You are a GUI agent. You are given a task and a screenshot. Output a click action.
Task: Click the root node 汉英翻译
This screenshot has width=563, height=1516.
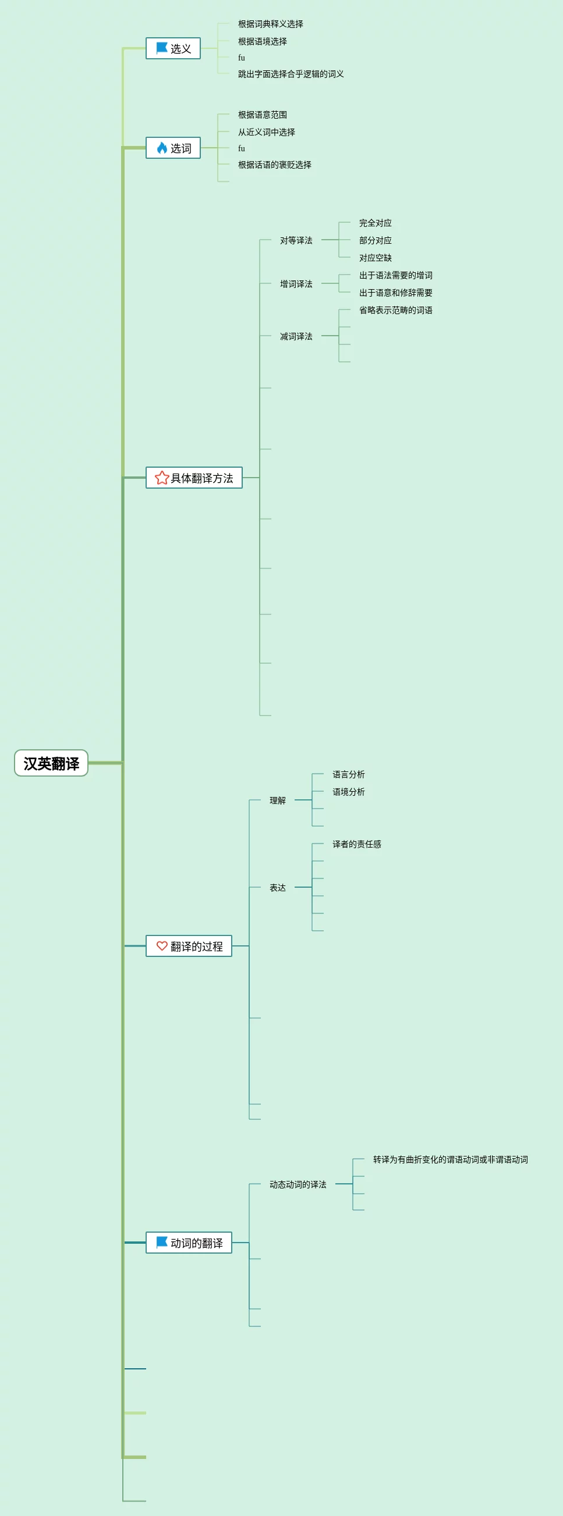tap(51, 763)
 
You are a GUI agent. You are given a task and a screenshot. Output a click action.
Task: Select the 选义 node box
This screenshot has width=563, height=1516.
tap(173, 48)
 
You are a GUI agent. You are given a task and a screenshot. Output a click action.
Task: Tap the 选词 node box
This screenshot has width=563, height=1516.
tap(173, 148)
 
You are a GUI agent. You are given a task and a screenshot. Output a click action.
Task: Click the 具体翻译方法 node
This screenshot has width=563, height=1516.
tap(194, 478)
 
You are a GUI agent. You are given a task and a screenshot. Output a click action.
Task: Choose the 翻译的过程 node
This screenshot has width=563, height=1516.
tap(189, 946)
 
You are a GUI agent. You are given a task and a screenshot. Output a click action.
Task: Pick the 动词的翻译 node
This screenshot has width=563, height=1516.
tap(189, 1243)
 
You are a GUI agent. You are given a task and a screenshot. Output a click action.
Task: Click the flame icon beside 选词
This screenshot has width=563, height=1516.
tap(162, 148)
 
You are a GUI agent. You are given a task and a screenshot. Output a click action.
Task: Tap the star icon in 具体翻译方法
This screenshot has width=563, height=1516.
tap(162, 477)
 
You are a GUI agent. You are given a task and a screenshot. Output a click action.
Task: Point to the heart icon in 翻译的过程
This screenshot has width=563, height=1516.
tap(162, 946)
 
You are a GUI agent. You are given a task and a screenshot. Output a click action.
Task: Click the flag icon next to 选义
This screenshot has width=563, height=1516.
tap(162, 48)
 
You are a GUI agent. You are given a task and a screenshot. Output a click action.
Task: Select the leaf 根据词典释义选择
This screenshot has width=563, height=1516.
tap(270, 24)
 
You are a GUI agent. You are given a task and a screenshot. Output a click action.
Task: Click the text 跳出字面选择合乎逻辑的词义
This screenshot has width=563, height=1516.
tap(291, 74)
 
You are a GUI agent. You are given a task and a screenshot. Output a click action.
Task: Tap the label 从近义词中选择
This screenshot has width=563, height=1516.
tap(266, 133)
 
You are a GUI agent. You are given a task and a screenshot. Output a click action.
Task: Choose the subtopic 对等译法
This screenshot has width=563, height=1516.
tap(296, 240)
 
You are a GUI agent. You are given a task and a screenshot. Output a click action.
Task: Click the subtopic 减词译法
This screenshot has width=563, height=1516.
tap(296, 336)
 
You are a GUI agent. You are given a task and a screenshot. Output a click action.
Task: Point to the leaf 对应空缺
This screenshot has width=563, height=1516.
tap(375, 258)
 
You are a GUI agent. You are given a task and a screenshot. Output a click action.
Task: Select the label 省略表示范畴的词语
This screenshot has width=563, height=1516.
tap(396, 310)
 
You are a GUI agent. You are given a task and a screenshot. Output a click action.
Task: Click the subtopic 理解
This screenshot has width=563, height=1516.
tap(277, 800)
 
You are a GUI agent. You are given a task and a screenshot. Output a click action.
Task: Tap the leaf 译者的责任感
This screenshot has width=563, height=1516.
tap(357, 844)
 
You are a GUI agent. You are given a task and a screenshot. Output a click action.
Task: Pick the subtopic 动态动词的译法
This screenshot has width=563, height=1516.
tap(298, 1184)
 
